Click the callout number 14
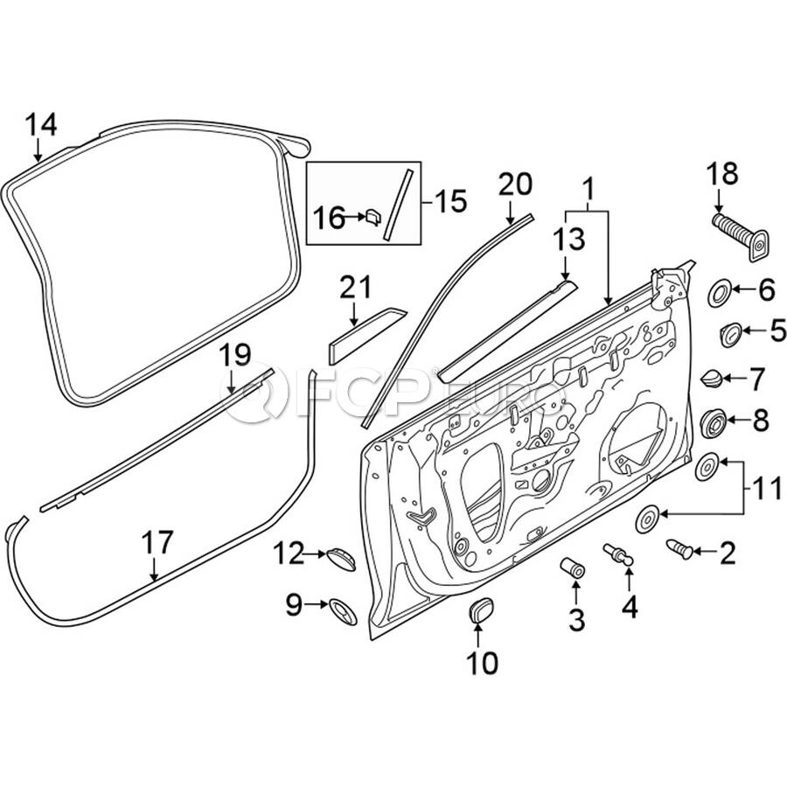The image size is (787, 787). click(41, 124)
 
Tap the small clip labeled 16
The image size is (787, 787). click(373, 218)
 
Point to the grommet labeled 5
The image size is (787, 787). click(731, 334)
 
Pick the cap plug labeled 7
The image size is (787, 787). click(712, 378)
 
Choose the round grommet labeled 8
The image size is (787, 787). click(714, 423)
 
